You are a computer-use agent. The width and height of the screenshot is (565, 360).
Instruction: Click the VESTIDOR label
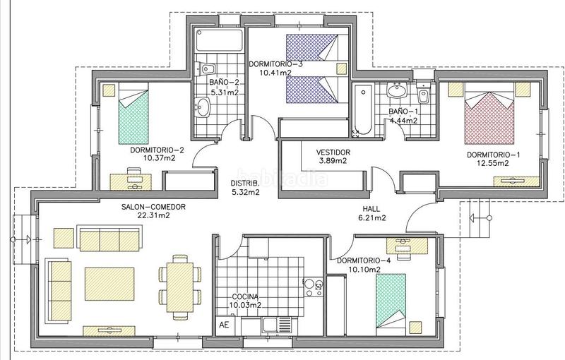click(333, 152)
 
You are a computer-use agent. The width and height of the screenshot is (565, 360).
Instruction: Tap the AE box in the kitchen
click(225, 325)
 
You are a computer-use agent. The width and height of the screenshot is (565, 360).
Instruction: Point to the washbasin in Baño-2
click(203, 107)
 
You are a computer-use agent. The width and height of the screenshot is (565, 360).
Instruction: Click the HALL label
click(370, 209)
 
